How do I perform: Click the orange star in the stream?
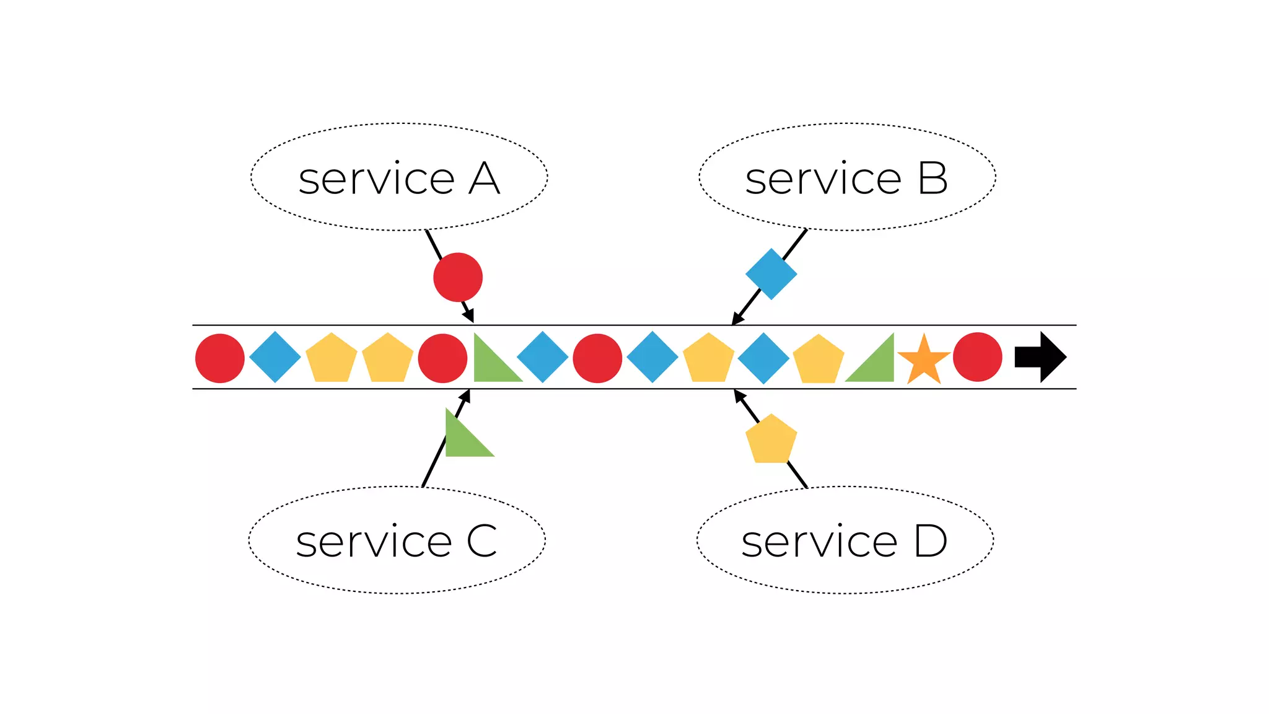click(924, 359)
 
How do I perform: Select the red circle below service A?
click(458, 277)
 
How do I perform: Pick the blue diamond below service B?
click(771, 274)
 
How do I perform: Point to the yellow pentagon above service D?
click(771, 439)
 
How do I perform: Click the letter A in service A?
click(484, 178)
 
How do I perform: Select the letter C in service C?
click(481, 541)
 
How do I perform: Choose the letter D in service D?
click(931, 541)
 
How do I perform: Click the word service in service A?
click(376, 179)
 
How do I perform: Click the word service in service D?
click(819, 542)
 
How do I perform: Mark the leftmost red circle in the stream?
click(220, 358)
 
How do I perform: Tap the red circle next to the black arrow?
click(977, 357)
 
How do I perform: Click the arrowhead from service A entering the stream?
click(470, 317)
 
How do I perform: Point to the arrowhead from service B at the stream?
click(737, 319)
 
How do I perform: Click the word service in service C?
click(374, 542)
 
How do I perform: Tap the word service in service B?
click(823, 179)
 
